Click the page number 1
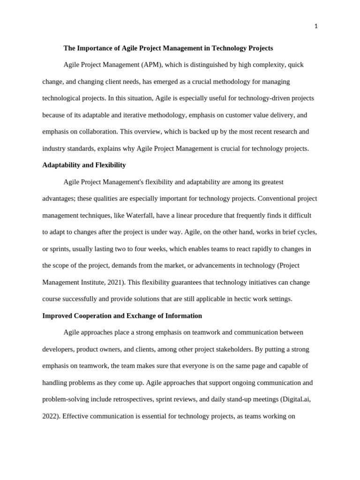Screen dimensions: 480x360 coord(316,26)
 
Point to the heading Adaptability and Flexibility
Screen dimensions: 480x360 coord(84,165)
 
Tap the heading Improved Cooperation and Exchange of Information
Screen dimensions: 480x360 coord(122,315)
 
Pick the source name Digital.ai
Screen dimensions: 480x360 coord(296,399)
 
